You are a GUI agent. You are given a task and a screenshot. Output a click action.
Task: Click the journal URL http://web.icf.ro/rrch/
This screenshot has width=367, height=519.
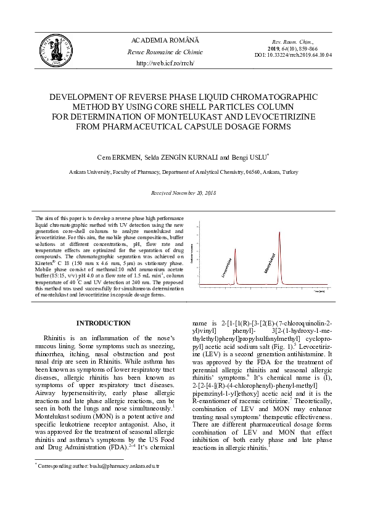pos(165,63)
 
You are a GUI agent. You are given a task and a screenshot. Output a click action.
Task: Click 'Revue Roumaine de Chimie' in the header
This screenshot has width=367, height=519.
pos(165,52)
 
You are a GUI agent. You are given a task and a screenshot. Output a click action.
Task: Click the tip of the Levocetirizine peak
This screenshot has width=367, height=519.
pos(235,249)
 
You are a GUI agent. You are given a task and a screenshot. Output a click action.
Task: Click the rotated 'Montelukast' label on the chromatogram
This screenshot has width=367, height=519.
pos(270,263)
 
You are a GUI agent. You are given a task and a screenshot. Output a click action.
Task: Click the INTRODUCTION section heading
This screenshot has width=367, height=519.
pos(103,323)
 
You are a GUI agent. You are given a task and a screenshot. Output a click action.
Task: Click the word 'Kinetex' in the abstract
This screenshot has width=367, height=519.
pos(45,263)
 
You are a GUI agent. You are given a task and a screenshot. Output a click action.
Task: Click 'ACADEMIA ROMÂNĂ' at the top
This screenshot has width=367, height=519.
pos(165,40)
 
